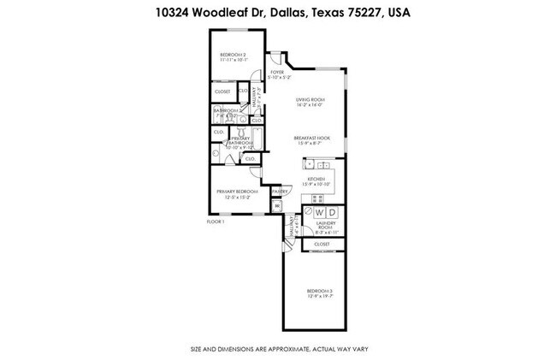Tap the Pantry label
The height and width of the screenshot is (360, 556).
pyautogui.click(x=278, y=191)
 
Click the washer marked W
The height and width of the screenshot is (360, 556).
pyautogui.click(x=319, y=212)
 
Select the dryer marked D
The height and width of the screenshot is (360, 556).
pyautogui.click(x=334, y=212)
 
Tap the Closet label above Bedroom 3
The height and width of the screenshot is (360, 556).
pyautogui.click(x=322, y=245)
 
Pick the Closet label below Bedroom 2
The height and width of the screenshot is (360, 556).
pyautogui.click(x=222, y=91)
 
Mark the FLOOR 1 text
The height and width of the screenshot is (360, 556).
pyautogui.click(x=216, y=221)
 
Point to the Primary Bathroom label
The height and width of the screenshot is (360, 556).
pyautogui.click(x=240, y=140)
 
